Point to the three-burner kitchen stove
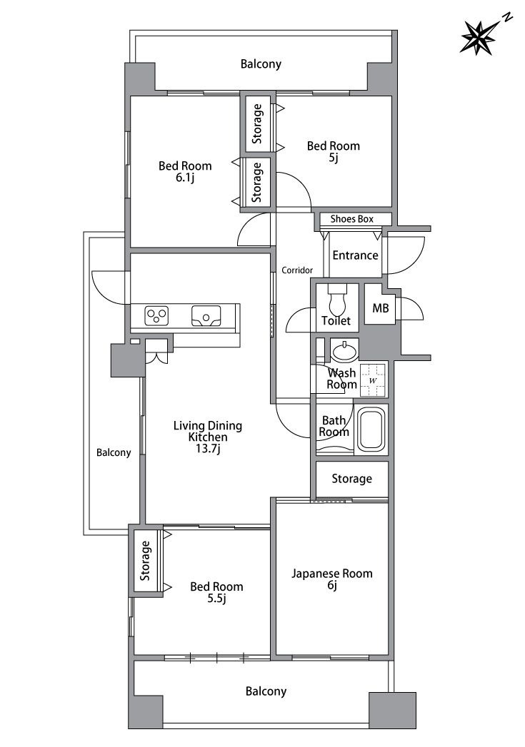(157, 315)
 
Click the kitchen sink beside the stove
(206, 315)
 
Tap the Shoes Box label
(352, 219)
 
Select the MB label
(381, 308)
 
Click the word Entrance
(355, 255)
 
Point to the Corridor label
(297, 270)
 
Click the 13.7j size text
(207, 448)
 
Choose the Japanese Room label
(332, 574)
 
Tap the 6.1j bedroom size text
(185, 178)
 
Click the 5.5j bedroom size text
(216, 599)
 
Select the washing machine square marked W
(374, 380)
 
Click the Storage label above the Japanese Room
(352, 479)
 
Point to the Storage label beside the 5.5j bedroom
(145, 560)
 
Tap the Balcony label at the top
(261, 63)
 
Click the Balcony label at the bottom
(266, 691)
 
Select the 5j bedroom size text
(334, 158)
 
